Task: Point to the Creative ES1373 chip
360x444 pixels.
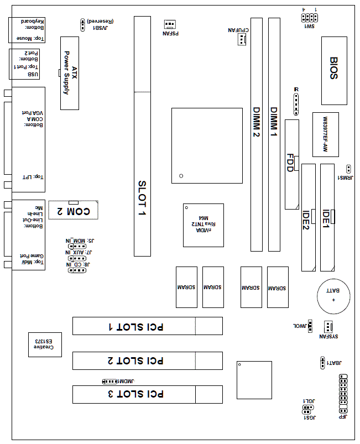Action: coord(45,343)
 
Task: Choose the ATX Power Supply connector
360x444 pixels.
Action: coord(70,72)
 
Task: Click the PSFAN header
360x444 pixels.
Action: coord(170,24)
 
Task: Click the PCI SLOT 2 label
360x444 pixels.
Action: coord(135,361)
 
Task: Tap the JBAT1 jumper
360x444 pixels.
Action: coord(322,363)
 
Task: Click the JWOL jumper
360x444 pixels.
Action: coord(310,326)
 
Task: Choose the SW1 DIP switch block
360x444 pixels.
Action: coord(309,18)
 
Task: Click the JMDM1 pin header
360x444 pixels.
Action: coord(110,382)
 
